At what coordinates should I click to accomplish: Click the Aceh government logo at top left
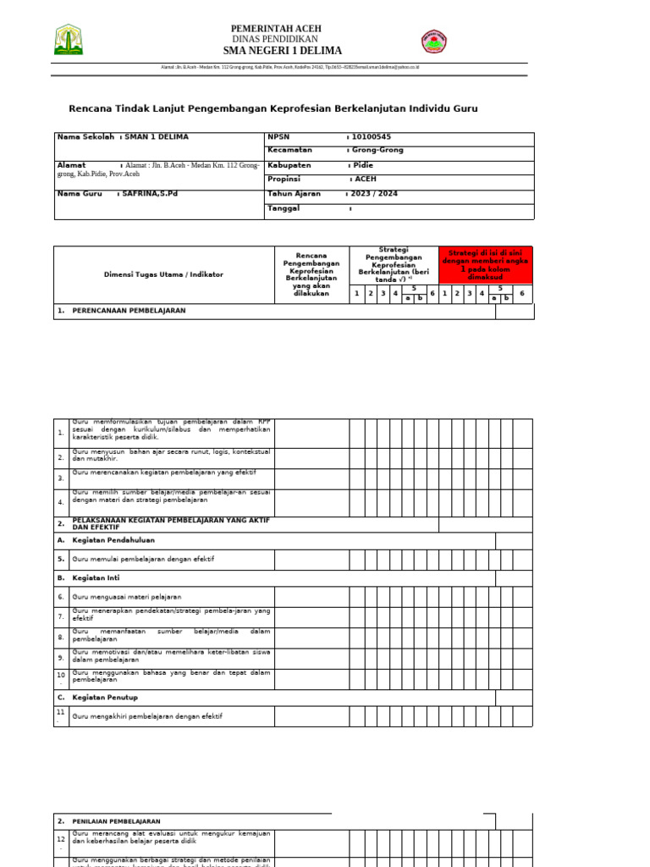(x=69, y=40)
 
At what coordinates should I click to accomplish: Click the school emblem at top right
(x=435, y=41)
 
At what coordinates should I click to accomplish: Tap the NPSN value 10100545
(x=372, y=137)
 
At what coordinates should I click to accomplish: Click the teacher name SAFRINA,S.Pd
(x=150, y=194)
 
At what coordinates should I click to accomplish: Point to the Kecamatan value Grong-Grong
(x=377, y=150)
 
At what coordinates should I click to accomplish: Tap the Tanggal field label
(x=284, y=208)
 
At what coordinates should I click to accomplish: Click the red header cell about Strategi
(x=486, y=265)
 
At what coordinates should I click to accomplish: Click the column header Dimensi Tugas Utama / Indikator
(x=163, y=274)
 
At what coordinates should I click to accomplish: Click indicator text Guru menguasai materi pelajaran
(x=127, y=597)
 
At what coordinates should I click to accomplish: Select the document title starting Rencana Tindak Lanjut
(x=273, y=108)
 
